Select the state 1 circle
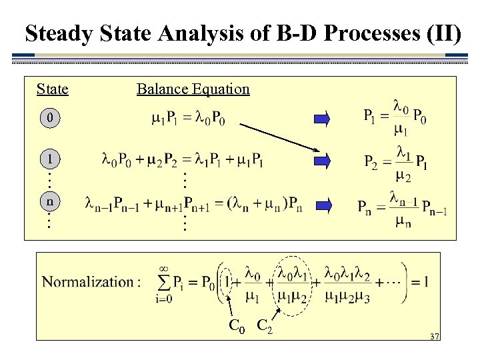49,160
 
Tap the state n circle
49,201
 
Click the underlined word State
52,89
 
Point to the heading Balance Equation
193,89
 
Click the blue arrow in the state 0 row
323,119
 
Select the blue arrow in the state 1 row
323,160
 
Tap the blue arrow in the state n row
323,203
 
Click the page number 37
434,337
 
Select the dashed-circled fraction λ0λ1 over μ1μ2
291,283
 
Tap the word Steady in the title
57,33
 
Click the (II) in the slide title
442,33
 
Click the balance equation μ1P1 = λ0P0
188,120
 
